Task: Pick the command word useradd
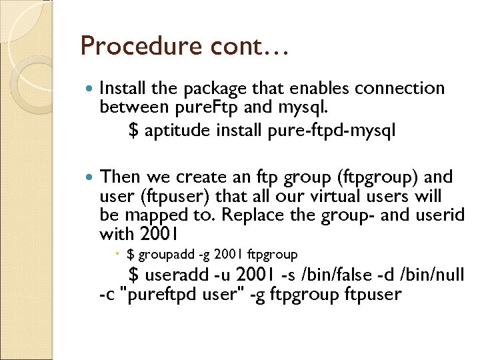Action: (172, 275)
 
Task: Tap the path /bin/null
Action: (431, 274)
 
